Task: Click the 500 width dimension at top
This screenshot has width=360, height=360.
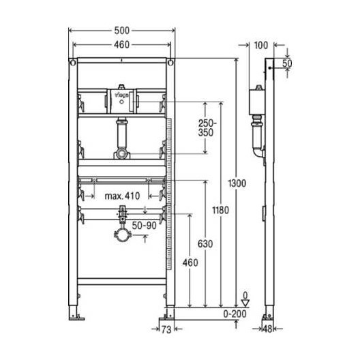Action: coord(121,31)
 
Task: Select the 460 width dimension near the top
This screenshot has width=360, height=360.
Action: coord(121,46)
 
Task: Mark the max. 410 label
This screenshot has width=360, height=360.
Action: coord(122,196)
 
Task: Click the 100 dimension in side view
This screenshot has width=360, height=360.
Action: coord(260,46)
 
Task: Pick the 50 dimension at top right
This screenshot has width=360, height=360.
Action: coord(287,62)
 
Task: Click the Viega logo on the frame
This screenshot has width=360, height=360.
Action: coord(122,97)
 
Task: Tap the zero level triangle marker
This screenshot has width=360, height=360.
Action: coord(245,302)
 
